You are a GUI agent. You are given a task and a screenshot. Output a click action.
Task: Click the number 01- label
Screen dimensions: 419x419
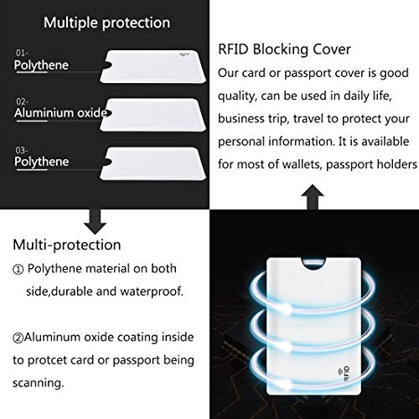point(23,53)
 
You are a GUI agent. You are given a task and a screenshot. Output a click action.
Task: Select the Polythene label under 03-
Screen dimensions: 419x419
point(41,162)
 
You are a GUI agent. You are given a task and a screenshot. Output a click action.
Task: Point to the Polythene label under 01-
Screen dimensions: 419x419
point(41,65)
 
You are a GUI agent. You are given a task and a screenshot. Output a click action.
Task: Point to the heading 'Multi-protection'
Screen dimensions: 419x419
point(67,246)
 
